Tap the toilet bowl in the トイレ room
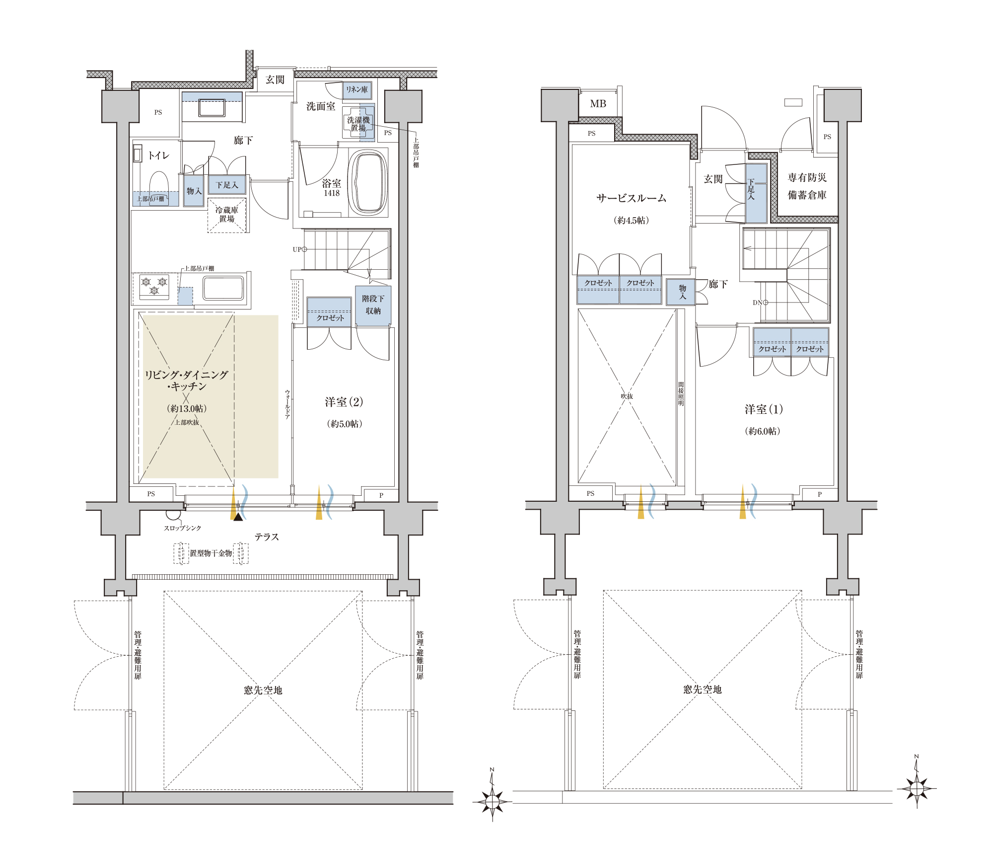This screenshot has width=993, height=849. (159, 186)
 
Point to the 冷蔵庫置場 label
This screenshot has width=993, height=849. (226, 214)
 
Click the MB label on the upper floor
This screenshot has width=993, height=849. (598, 104)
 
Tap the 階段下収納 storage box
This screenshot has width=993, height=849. (373, 306)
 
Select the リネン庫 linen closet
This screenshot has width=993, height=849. (357, 89)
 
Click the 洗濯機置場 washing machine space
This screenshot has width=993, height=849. (358, 124)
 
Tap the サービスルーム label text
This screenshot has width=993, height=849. (631, 198)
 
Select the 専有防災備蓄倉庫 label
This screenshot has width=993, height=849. (807, 186)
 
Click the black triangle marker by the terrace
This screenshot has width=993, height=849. (238, 517)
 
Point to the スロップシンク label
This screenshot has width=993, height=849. (182, 528)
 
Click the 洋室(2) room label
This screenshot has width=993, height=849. (344, 402)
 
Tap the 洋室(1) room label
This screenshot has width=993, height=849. (764, 409)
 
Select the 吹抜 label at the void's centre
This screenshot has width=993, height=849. (627, 396)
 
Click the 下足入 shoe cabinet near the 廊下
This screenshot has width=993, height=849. (227, 185)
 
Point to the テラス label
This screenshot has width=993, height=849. (267, 537)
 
